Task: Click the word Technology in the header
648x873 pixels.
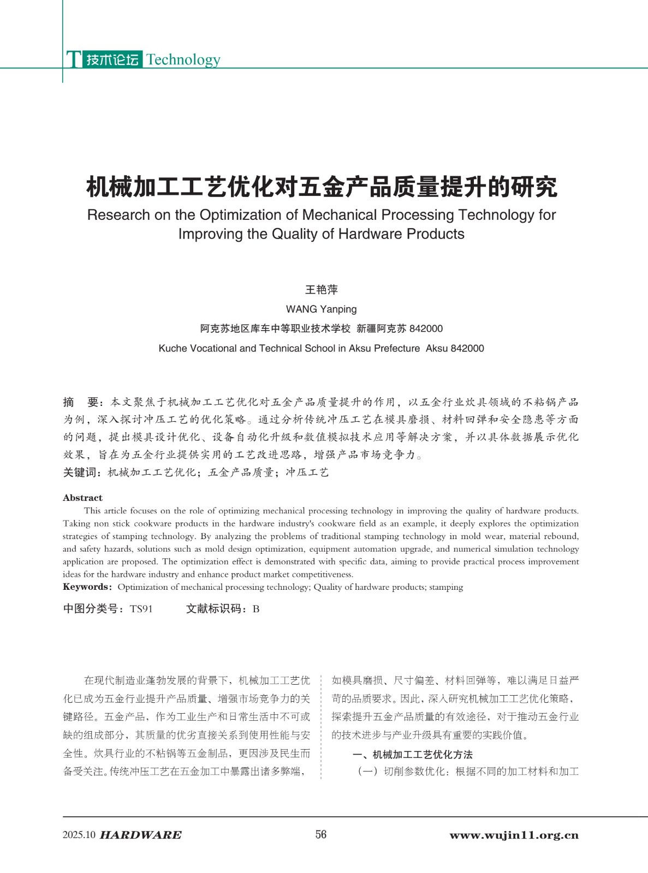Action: tap(183, 59)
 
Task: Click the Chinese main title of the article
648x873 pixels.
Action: tap(322, 187)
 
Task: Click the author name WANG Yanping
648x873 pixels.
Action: tap(321, 309)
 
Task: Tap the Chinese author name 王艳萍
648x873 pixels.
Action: tap(321, 290)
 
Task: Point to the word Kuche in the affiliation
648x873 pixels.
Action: tap(173, 348)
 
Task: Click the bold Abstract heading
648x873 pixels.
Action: tap(82, 498)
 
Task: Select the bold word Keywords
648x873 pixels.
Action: tap(86, 587)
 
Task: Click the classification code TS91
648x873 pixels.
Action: tap(141, 609)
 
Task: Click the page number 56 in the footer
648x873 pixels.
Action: tap(321, 834)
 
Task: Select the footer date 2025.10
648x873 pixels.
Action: tap(79, 835)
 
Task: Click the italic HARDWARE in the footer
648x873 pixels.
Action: tap(141, 835)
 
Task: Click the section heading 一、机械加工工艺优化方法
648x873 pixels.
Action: tap(412, 755)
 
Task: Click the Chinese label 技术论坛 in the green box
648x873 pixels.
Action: tap(112, 59)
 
